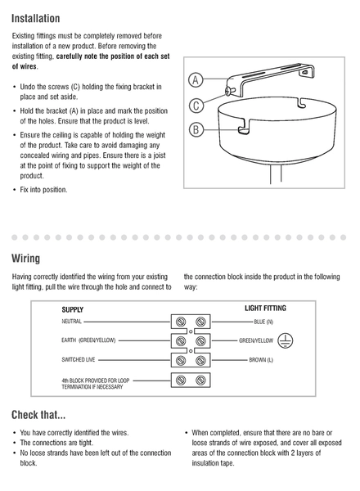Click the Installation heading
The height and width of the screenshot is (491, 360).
pos(35,19)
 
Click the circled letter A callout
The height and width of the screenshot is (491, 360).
pos(196,80)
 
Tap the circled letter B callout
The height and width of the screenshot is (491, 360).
pos(196,129)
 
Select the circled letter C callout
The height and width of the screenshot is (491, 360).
pos(196,106)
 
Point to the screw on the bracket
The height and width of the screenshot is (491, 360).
pos(230,91)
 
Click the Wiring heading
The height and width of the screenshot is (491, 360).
pos(25,259)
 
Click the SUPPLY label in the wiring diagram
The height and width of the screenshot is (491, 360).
pos(73,309)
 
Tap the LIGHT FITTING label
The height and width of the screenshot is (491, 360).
pos(265,309)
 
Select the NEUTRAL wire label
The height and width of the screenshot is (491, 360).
pos(71,322)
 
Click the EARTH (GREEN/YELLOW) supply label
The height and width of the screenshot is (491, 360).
pos(88,340)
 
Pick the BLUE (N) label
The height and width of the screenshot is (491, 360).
pos(263,322)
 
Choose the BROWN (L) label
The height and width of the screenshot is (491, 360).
pos(261,360)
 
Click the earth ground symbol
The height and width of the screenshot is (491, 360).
pos(286,340)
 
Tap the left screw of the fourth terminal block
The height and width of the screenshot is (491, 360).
pos(181,380)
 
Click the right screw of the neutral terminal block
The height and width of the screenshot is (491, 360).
pos(200,322)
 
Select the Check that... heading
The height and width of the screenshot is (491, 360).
pos(38,415)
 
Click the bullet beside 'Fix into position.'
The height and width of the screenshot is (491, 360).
pos(14,190)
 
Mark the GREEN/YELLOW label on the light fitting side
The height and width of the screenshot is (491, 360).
pos(256,340)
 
